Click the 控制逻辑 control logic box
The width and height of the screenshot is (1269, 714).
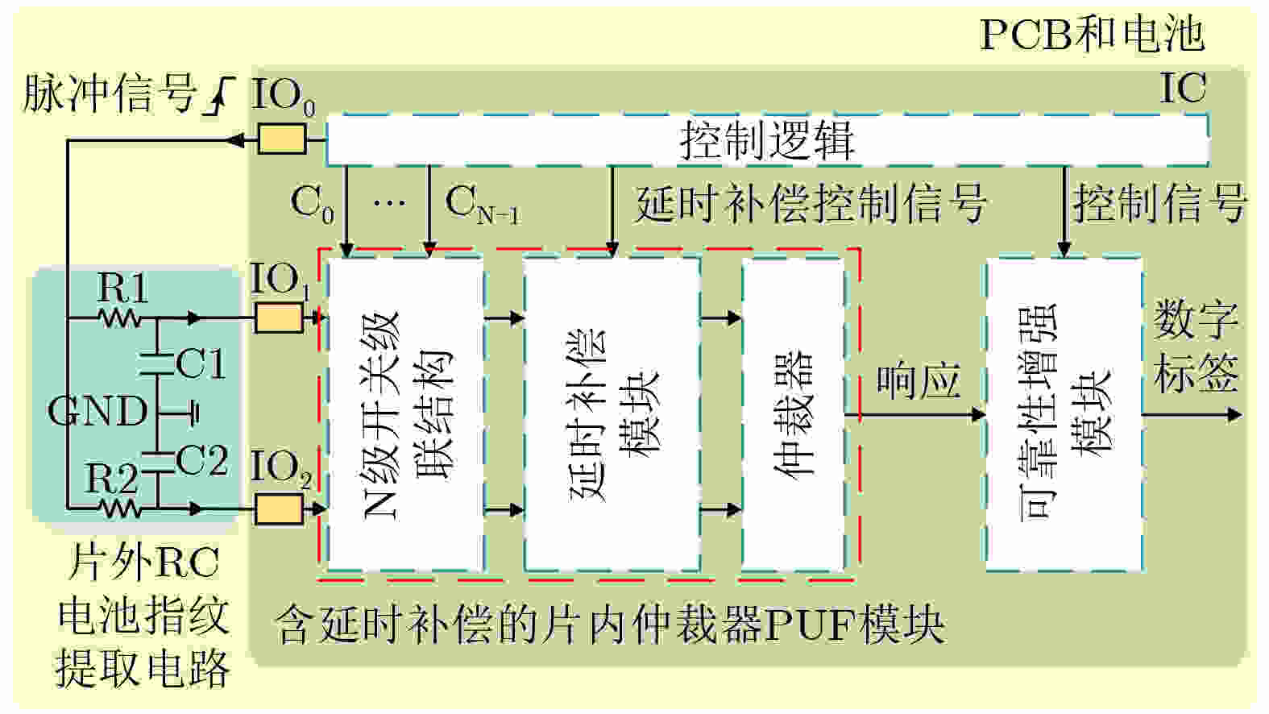pyautogui.click(x=765, y=140)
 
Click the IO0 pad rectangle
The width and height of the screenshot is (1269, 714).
pyautogui.click(x=281, y=140)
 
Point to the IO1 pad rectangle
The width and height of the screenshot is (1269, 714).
pyautogui.click(x=279, y=318)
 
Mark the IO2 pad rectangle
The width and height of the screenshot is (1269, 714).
pyautogui.click(x=279, y=509)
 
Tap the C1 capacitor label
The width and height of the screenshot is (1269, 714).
pyautogui.click(x=201, y=363)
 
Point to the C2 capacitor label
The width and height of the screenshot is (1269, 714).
pyautogui.click(x=201, y=461)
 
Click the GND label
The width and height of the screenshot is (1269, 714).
pyautogui.click(x=97, y=412)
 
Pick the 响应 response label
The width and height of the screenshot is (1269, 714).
pyautogui.click(x=918, y=381)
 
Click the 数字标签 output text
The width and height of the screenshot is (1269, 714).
pyautogui.click(x=1196, y=347)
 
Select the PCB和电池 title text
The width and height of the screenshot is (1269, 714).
pyautogui.click(x=1091, y=35)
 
